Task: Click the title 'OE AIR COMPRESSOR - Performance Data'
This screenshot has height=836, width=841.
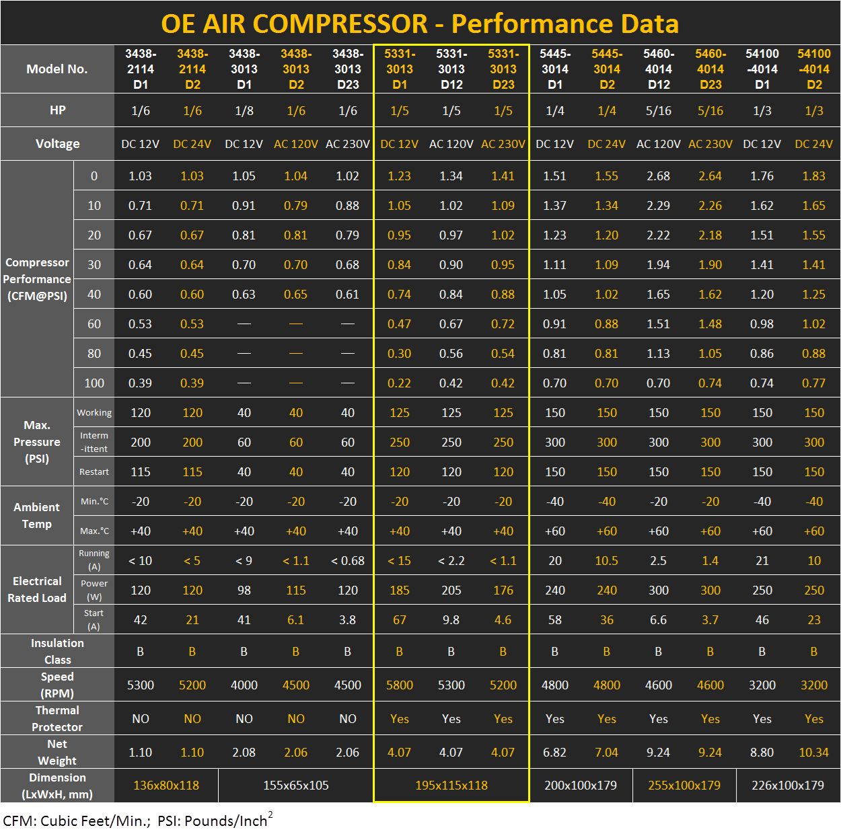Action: point(420,24)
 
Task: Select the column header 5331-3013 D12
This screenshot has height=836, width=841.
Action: point(451,69)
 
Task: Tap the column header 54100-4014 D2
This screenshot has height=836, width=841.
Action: point(814,69)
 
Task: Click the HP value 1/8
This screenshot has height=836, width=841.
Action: point(244,110)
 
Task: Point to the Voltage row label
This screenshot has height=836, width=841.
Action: point(57,144)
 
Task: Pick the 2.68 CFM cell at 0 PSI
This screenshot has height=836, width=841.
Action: point(658,176)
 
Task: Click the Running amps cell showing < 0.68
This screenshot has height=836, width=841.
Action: point(348,561)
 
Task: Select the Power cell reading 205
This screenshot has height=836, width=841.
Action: point(451,591)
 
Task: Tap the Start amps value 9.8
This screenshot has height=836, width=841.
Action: point(451,620)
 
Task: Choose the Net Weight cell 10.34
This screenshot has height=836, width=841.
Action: point(813,753)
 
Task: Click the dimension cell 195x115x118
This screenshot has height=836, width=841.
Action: point(451,786)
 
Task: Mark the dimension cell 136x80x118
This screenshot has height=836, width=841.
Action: point(166,786)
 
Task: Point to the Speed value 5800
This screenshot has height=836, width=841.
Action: point(400,685)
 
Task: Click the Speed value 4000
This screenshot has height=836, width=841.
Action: point(244,685)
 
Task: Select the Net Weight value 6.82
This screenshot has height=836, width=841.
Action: point(555,753)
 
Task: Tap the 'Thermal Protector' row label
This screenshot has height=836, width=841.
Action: point(57,718)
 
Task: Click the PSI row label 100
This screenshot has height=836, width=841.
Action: point(94,383)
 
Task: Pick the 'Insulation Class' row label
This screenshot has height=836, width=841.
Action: point(57,651)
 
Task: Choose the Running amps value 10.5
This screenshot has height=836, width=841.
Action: point(607,561)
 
